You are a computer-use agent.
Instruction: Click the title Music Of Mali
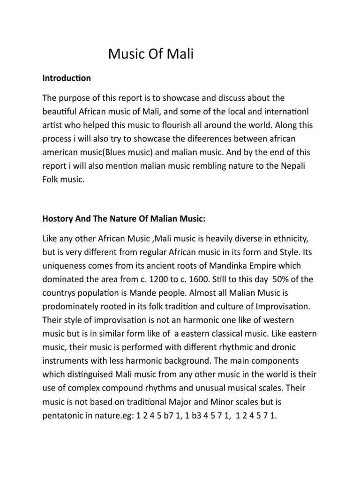click(151, 54)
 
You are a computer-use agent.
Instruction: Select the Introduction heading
click(67, 78)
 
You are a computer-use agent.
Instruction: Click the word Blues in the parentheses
click(131, 153)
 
